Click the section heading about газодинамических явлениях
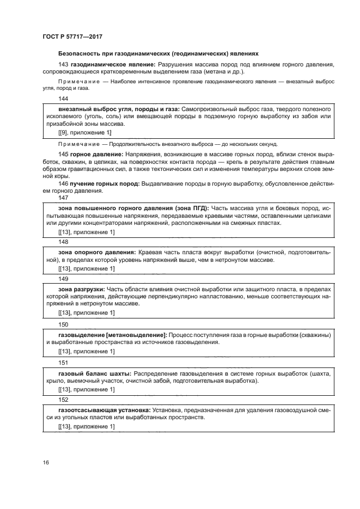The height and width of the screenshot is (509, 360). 157,53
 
